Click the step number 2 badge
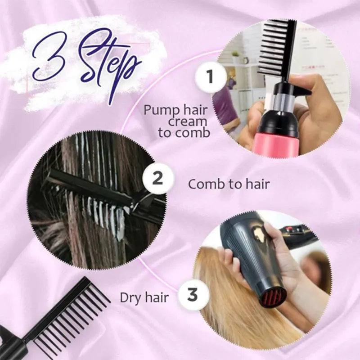(x=157, y=179)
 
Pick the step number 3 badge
(x=192, y=295)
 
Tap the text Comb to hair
(x=229, y=184)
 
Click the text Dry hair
(x=144, y=297)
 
